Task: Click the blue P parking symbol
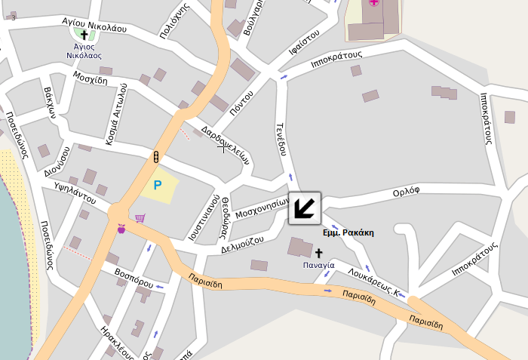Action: point(158,185)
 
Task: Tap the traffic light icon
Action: point(155,157)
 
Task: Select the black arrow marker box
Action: point(305,208)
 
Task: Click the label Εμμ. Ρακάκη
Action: point(348,233)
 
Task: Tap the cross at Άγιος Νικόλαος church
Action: point(84,35)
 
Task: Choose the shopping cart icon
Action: point(140,218)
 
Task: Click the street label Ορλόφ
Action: point(406,193)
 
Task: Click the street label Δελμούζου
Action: point(242,244)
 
